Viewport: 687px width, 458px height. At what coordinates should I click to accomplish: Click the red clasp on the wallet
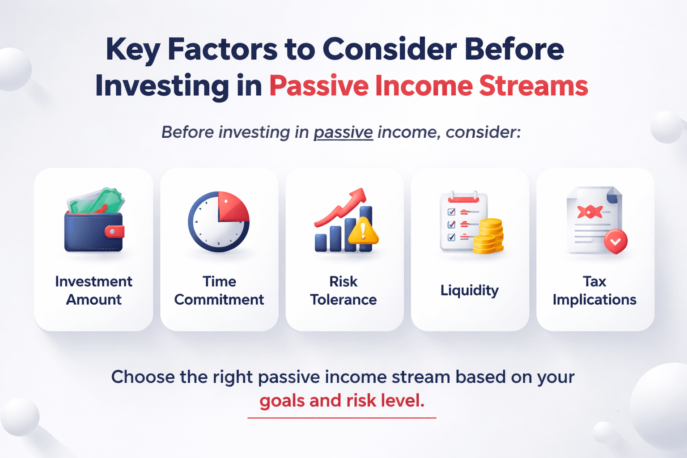click(x=114, y=231)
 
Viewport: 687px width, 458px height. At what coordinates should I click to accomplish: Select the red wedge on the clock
click(x=233, y=208)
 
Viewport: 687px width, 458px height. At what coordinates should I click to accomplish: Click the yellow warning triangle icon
click(x=363, y=231)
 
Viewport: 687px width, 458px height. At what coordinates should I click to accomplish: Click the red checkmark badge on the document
click(x=615, y=241)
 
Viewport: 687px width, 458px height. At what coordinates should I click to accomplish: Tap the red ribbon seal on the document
click(x=589, y=211)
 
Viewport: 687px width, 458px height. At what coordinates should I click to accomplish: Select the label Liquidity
click(x=469, y=290)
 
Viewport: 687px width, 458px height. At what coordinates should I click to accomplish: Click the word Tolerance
click(x=343, y=300)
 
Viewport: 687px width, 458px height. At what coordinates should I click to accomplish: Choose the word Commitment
click(x=219, y=300)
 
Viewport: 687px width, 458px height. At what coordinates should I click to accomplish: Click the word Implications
click(x=594, y=300)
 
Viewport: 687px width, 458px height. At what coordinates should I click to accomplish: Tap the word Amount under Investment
click(x=93, y=300)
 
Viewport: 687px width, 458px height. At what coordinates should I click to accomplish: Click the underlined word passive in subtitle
click(x=343, y=132)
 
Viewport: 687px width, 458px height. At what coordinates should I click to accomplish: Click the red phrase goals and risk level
click(x=342, y=401)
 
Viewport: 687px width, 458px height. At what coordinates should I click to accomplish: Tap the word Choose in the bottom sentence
click(x=143, y=377)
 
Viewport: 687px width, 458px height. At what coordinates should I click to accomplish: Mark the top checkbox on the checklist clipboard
click(x=451, y=212)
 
